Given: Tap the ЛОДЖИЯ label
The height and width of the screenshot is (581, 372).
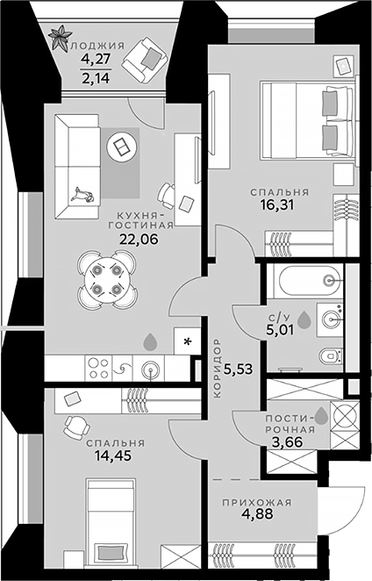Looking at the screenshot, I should pos(97,47).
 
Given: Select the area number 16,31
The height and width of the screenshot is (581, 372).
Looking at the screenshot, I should pos(279,208).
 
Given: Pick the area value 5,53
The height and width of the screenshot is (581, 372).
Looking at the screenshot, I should pos(239,369).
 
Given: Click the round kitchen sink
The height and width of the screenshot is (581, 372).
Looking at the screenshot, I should pos(150,369).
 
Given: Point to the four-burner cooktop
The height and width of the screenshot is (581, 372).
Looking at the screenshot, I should pos(97,368).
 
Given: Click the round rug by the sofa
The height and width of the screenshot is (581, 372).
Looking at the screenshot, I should pos(120,146).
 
